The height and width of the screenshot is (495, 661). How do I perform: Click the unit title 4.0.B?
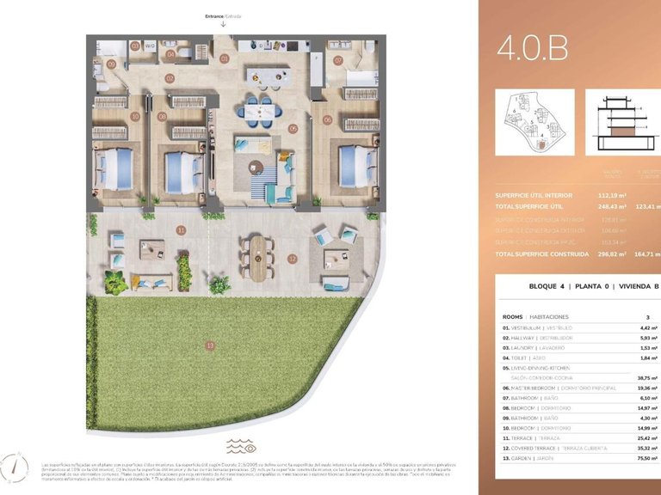click(532, 49)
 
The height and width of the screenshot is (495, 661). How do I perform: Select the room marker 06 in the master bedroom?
click(327, 120)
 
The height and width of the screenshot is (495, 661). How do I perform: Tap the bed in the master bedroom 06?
click(355, 162)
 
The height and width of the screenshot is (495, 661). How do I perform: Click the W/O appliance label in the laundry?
click(149, 46)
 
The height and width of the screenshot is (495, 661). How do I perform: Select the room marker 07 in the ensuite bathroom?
click(338, 60)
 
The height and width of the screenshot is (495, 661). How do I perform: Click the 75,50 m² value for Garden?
click(646, 459)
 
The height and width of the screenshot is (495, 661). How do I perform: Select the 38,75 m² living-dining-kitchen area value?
click(646, 377)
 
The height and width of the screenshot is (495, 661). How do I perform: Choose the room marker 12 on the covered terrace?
click(293, 259)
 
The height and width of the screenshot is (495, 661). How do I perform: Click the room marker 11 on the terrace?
click(181, 230)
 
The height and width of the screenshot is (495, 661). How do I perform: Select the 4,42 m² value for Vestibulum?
click(647, 327)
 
